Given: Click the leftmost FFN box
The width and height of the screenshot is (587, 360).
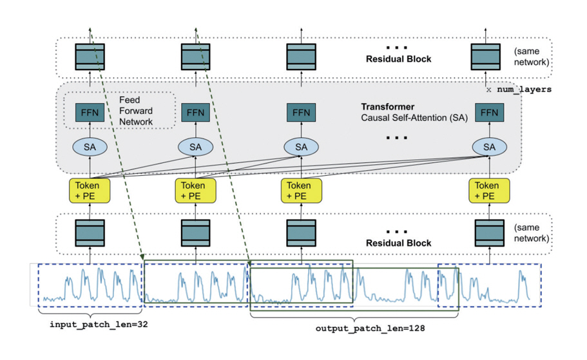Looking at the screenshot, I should coord(90,113).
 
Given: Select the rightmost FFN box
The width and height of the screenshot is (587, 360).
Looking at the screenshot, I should coord(489,113).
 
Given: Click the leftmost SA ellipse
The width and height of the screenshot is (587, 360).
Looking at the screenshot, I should coord(90,147).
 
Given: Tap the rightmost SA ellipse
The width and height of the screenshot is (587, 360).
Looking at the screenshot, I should coord(489,147).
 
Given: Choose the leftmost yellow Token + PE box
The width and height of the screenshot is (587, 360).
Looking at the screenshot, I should coord(90,190).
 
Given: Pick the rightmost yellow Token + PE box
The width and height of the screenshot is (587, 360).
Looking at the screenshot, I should coord(489,190).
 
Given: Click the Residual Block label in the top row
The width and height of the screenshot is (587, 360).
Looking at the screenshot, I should coord(398,59).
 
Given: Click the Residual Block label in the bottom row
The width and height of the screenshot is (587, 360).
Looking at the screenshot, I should coord(398,243).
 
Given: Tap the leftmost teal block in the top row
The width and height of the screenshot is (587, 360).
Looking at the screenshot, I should coord(90,57).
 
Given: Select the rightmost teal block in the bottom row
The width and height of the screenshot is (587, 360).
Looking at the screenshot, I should coord(489,233).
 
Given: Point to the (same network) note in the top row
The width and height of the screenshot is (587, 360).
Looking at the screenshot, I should coord(532,57).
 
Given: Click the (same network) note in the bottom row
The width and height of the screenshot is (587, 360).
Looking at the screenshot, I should coord(532,232).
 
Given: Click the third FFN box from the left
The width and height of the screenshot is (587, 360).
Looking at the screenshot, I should coord(301,113).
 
